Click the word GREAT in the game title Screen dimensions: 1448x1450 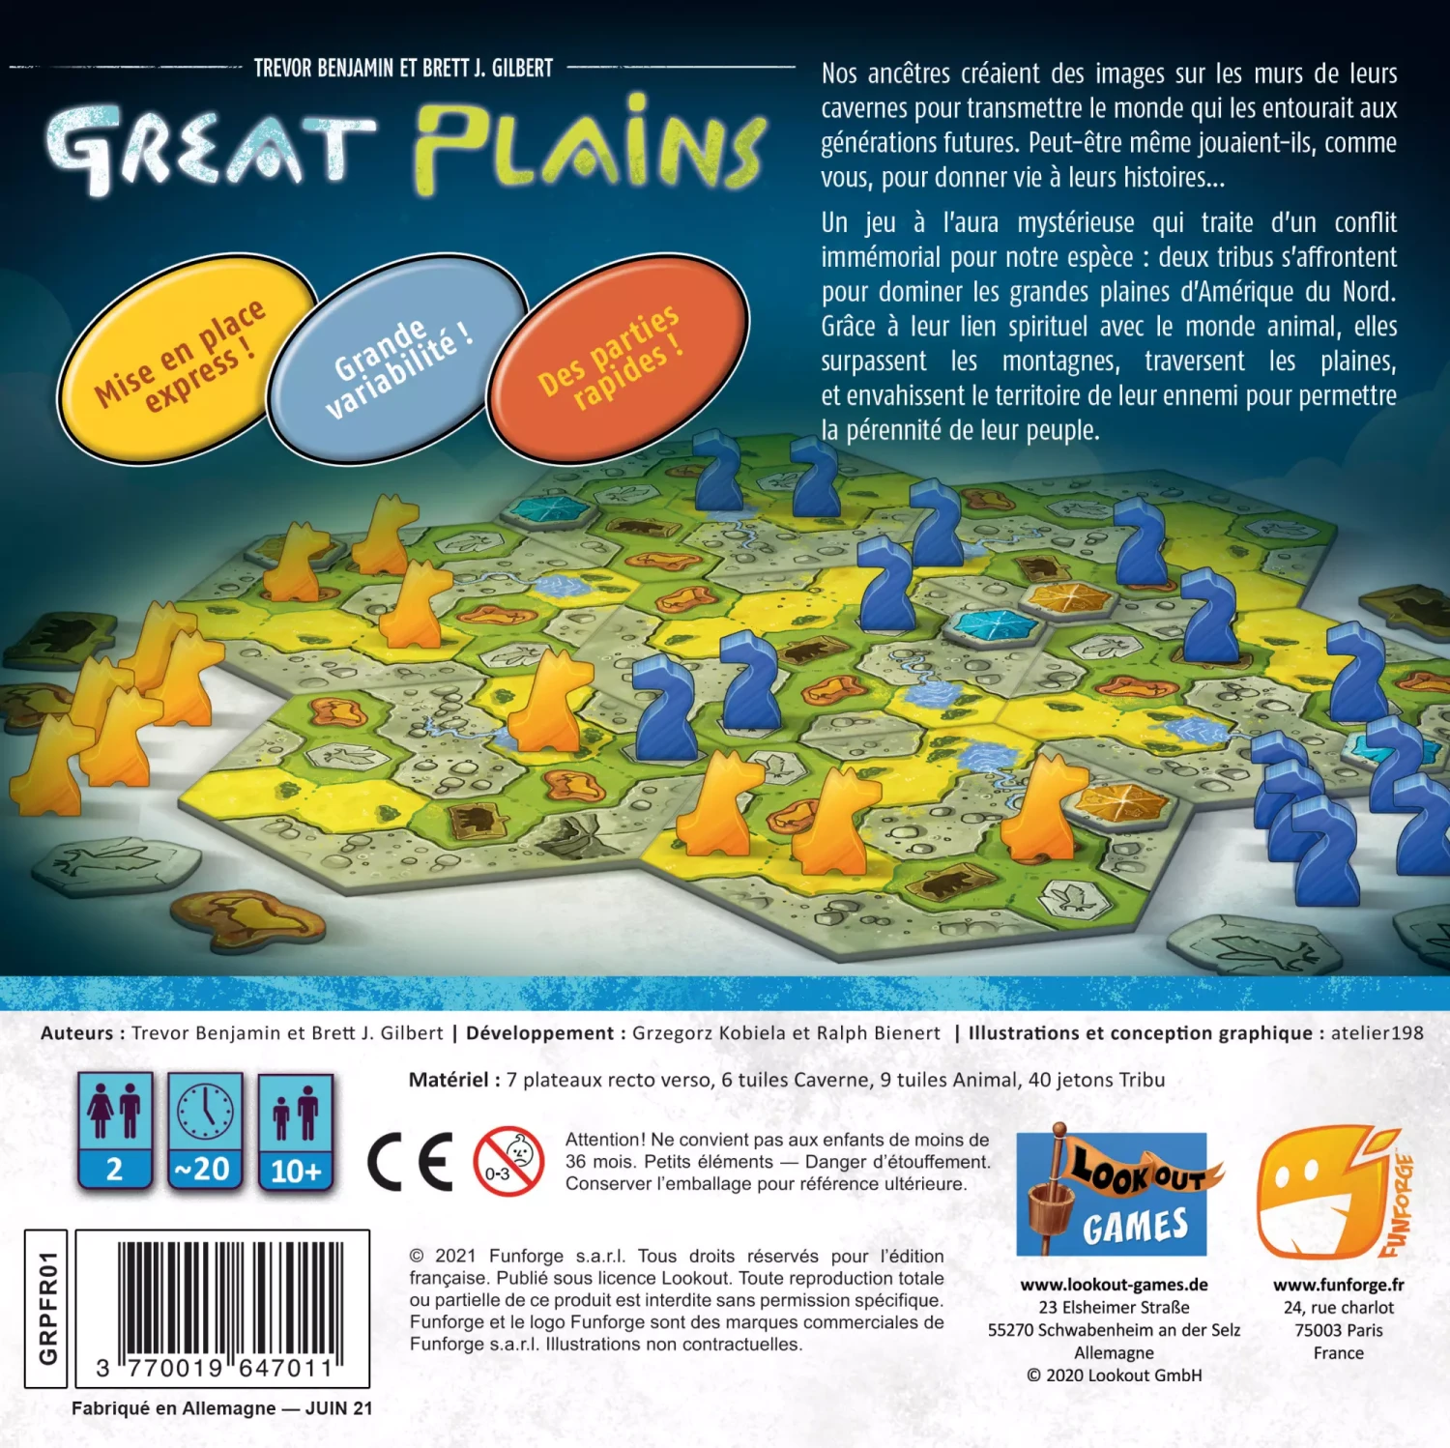pos(211,150)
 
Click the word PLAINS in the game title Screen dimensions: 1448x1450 pos(590,145)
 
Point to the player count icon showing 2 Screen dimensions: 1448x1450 pos(115,1130)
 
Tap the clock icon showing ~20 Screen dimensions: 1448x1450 pos(204,1130)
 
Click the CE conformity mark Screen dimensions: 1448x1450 pos(410,1161)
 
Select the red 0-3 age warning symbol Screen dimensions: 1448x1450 pos(508,1161)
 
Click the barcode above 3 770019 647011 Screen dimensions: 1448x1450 pos(230,1300)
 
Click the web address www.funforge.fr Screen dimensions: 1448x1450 pos(1338,1285)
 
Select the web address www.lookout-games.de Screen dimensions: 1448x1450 pos(1114,1285)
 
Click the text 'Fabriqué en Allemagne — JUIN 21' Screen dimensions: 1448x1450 pos(221,1408)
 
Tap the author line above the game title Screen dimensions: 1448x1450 pos(403,68)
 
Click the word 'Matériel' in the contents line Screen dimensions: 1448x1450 pos(449,1080)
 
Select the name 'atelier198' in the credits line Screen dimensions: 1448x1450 pos(1377,1032)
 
